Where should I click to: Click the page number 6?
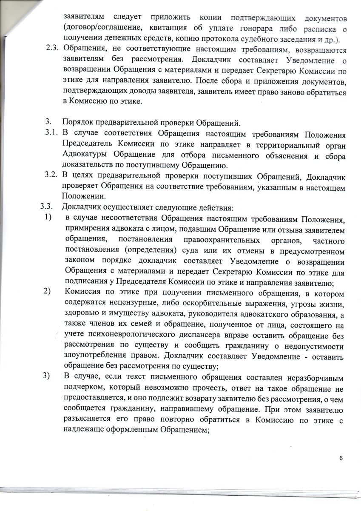341,458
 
